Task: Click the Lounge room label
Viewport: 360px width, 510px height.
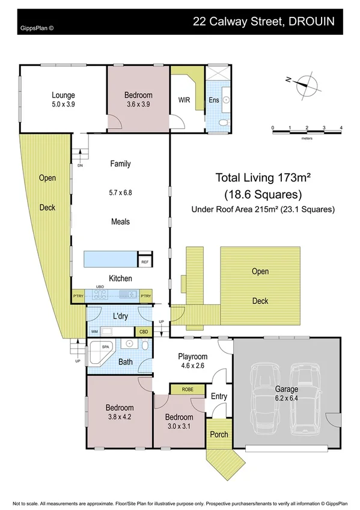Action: [63, 94]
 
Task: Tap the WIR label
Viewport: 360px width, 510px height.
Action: [184, 100]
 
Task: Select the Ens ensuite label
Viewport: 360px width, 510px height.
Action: [213, 100]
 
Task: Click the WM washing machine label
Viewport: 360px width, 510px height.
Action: [94, 331]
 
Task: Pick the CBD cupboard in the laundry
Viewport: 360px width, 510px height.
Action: [144, 331]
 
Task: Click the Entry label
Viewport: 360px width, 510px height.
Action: [218, 396]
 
